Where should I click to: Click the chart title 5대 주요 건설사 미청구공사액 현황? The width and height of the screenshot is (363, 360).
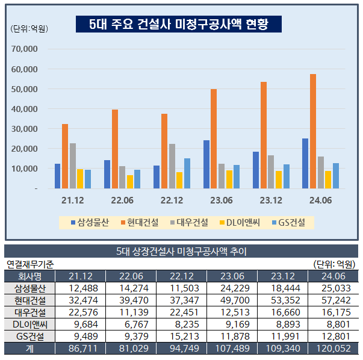pos(178,24)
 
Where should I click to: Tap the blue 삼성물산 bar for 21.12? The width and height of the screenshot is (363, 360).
pos(58,176)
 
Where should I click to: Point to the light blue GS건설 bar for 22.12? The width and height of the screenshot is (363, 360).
pos(187,173)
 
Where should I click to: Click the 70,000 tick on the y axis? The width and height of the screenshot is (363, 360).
pos(25,49)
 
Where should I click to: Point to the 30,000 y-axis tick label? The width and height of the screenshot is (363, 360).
pos(25,129)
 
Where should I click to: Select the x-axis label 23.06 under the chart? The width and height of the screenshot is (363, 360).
pos(221,200)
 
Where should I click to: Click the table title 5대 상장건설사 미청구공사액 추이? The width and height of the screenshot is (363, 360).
pos(181,252)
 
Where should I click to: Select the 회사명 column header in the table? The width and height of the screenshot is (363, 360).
pos(29,276)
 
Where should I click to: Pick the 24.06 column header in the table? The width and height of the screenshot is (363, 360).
pos(332,276)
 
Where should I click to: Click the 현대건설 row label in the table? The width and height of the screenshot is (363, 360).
pos(29,300)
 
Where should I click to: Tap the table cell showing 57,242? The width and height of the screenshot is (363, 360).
pos(332,300)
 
